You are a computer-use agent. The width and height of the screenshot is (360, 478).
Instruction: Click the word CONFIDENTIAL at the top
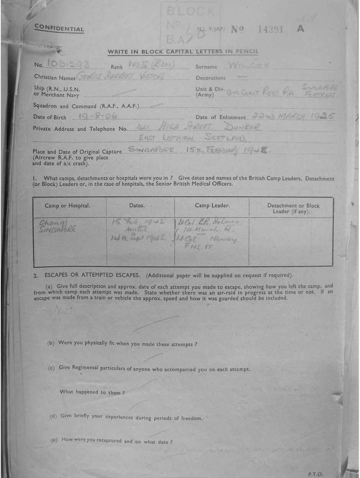[59, 29]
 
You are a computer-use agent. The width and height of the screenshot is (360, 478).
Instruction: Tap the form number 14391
[270, 29]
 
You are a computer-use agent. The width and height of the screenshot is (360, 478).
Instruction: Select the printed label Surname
[206, 67]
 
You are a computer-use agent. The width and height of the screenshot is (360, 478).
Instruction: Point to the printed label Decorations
[210, 78]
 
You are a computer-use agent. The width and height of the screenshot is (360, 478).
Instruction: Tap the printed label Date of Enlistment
[221, 118]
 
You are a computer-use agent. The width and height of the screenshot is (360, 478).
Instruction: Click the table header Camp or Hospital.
[68, 205]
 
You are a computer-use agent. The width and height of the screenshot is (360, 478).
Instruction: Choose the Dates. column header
[137, 205]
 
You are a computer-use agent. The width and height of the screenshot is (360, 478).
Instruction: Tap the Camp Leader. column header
[212, 205]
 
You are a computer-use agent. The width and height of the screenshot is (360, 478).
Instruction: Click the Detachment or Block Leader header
[293, 208]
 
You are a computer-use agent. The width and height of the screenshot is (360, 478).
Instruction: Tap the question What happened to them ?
[92, 393]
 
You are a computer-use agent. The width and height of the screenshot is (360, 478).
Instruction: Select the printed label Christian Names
[55, 77]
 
